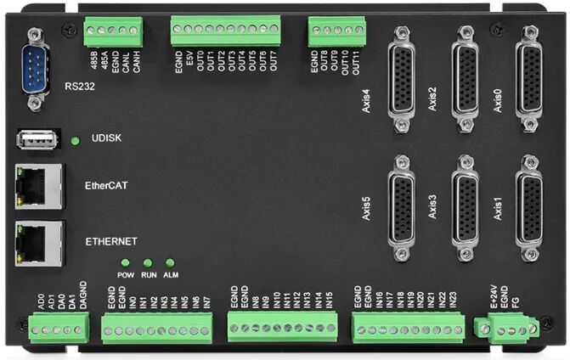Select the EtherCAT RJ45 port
point(40,185)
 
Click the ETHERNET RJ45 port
point(40,240)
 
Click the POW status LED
point(125,263)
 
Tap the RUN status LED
point(148,263)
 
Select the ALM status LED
point(170,263)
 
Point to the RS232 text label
point(82,85)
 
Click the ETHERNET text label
point(111,241)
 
